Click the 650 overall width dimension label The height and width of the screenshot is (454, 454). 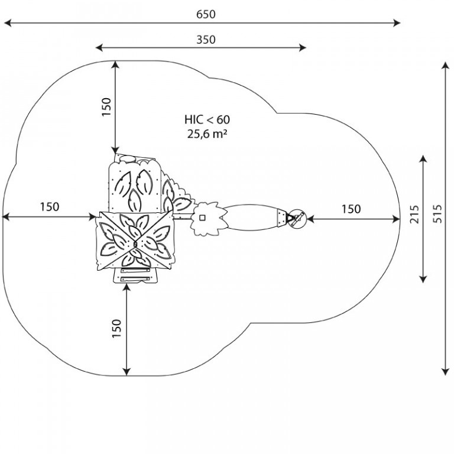click(x=206, y=14)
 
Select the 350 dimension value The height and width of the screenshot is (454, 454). click(x=206, y=40)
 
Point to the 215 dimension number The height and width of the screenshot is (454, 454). click(x=414, y=214)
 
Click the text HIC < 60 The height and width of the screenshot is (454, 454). click(x=207, y=119)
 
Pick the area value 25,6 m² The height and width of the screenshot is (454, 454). click(x=207, y=134)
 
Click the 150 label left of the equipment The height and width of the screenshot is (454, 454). click(x=50, y=207)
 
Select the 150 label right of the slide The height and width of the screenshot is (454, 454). click(x=351, y=209)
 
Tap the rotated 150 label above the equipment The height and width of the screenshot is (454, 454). click(x=106, y=107)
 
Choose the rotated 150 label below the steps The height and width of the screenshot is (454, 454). click(x=116, y=328)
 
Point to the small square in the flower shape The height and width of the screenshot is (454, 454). click(x=202, y=217)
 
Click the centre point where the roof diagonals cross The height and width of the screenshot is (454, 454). click(x=135, y=244)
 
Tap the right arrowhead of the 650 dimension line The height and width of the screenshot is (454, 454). click(x=397, y=22)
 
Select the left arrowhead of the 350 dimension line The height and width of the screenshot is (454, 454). click(x=99, y=47)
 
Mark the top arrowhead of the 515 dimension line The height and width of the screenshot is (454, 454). click(x=445, y=66)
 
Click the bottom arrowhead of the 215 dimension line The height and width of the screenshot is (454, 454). click(x=423, y=278)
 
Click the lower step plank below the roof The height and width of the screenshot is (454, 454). click(x=135, y=279)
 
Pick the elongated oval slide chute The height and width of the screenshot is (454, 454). click(x=252, y=218)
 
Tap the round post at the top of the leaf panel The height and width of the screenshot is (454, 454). click(x=127, y=158)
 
